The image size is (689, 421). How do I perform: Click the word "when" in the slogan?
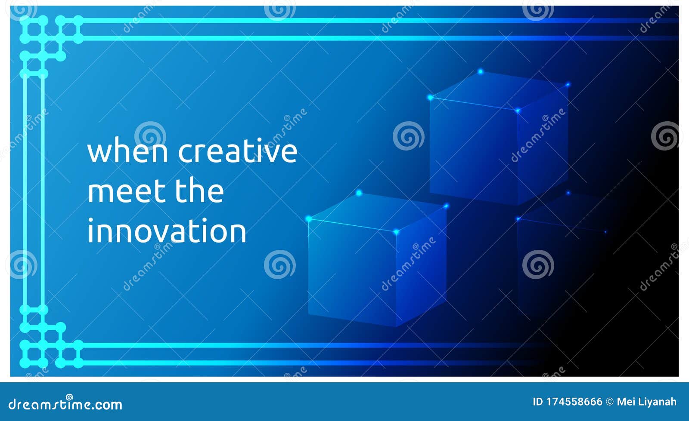click(127, 151)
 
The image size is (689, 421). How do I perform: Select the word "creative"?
click(238, 151)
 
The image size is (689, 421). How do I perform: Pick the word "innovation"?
click(167, 231)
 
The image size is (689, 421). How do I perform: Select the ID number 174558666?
click(574, 402)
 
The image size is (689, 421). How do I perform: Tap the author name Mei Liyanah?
click(646, 402)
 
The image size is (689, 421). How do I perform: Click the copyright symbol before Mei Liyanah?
click(609, 402)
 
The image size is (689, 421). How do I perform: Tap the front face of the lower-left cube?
click(352, 271)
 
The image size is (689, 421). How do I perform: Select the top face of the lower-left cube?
click(378, 212)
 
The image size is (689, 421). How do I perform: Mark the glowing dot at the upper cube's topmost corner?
click(480, 71)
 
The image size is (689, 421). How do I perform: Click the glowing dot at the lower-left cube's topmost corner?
click(359, 193)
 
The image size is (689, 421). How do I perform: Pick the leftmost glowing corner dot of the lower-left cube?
click(308, 219)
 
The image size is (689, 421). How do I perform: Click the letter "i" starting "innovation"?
click(90, 231)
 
